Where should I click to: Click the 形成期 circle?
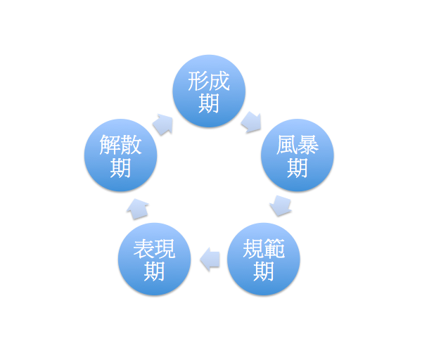210,91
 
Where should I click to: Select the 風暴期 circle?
297,155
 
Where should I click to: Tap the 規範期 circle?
264,259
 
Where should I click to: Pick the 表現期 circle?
155,259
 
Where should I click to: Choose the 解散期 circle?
120,155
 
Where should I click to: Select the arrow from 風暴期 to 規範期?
281,205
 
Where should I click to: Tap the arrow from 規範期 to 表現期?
210,259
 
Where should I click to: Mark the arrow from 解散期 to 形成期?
162,124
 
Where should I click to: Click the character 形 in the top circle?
198,81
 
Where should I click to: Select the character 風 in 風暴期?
286,146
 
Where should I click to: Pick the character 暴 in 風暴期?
308,146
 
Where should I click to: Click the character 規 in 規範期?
253,249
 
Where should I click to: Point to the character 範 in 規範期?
275,249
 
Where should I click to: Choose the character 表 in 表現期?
144,249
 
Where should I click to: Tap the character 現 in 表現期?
165,249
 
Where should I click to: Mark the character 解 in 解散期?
110,146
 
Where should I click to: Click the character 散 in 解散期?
132,146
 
